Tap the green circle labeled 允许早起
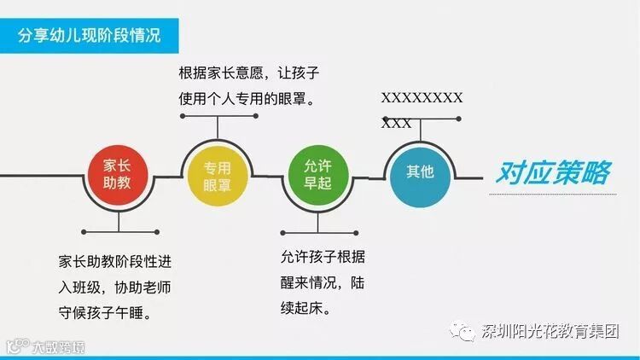tap(317, 173)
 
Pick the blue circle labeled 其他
tap(419, 171)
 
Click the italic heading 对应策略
tap(552, 173)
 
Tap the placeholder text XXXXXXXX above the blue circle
tap(422, 98)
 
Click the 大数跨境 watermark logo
tap(46, 346)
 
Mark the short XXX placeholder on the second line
tap(396, 123)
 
